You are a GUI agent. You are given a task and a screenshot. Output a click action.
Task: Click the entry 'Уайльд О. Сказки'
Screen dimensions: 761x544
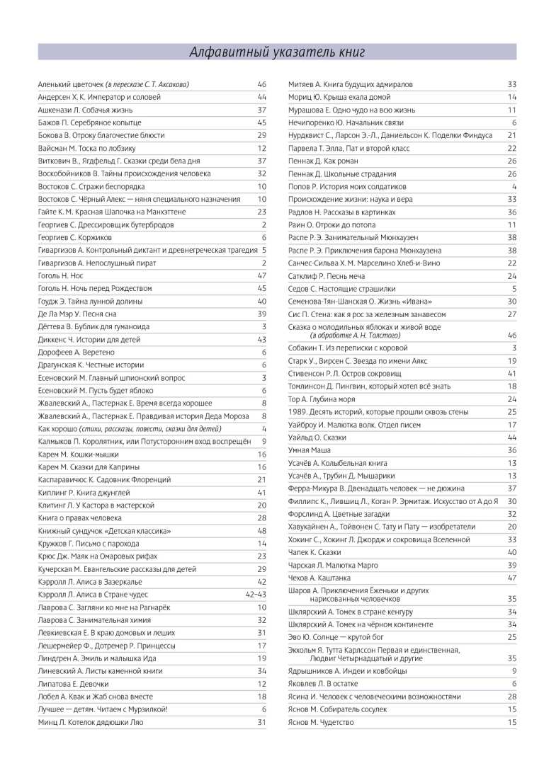(x=317, y=437)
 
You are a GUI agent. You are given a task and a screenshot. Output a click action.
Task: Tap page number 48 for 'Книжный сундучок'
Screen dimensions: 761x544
(x=261, y=530)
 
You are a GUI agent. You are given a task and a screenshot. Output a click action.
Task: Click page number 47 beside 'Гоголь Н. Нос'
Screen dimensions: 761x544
(x=261, y=275)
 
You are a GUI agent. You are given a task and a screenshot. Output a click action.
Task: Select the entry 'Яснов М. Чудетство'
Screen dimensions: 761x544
(x=321, y=722)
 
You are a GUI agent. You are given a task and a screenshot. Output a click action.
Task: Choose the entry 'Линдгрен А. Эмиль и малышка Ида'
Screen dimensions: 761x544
(x=96, y=658)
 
